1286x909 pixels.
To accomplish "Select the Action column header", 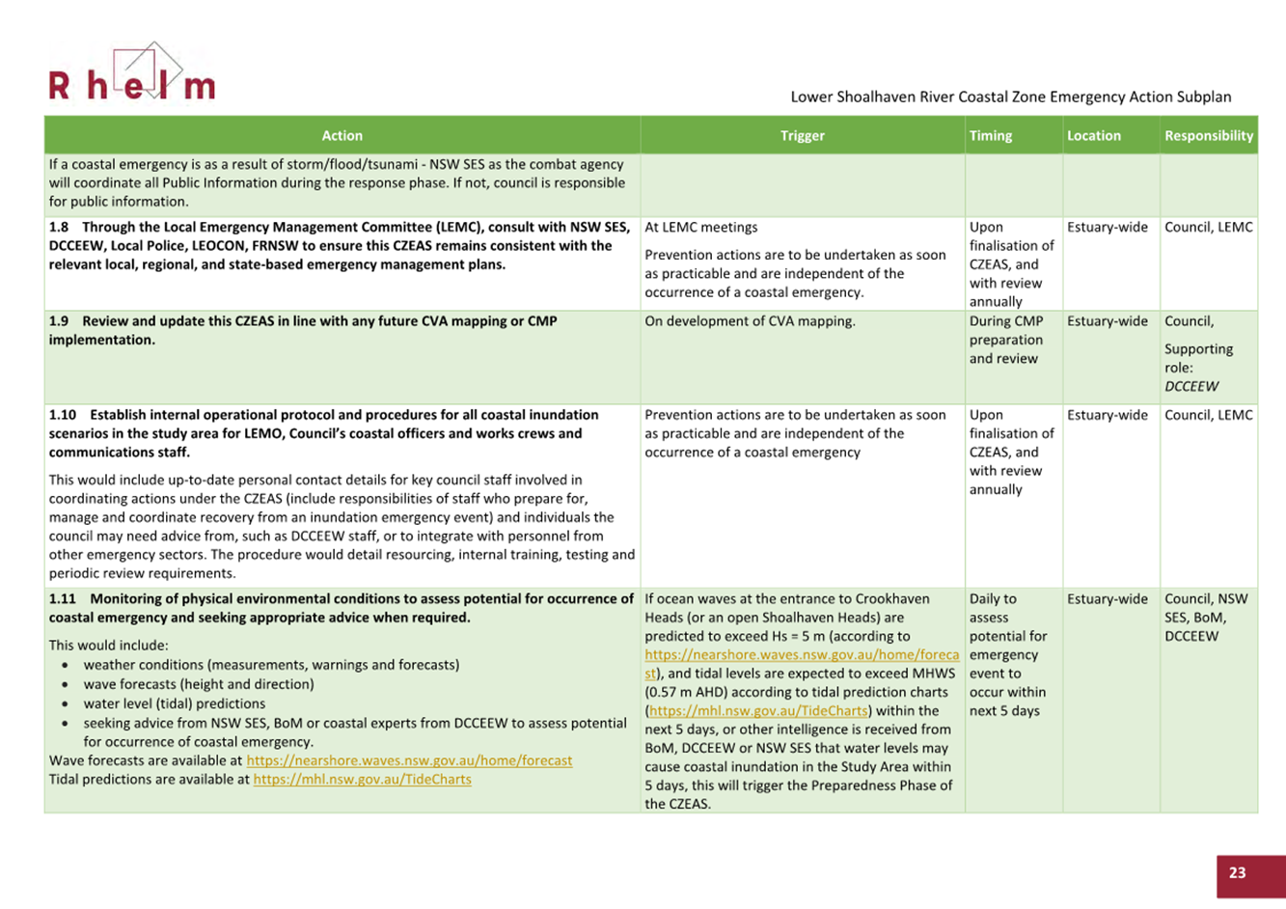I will pyautogui.click(x=342, y=136).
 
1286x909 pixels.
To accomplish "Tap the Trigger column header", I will pyautogui.click(x=802, y=136).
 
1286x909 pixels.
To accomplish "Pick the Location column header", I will pyautogui.click(x=1093, y=136).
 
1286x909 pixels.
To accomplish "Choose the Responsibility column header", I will pyautogui.click(x=1208, y=136).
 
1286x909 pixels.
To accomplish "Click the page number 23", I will pyautogui.click(x=1237, y=872).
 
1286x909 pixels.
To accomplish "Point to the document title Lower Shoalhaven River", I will pyautogui.click(x=1010, y=96).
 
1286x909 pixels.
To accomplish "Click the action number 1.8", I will pyautogui.click(x=60, y=228).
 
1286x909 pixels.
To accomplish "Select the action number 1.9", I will pyautogui.click(x=60, y=321).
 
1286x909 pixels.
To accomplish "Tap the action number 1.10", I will pyautogui.click(x=63, y=415).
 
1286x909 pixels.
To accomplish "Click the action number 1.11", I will pyautogui.click(x=63, y=599).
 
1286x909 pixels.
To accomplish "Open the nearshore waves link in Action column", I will pyautogui.click(x=409, y=760).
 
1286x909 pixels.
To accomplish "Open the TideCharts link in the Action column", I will pyautogui.click(x=362, y=780).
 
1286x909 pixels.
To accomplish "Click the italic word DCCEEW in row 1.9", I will pyautogui.click(x=1190, y=386).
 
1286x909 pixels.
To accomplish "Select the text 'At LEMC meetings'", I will pyautogui.click(x=700, y=228).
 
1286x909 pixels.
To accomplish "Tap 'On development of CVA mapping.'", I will pyautogui.click(x=750, y=321).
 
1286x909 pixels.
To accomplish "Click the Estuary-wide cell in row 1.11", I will pyautogui.click(x=1107, y=599).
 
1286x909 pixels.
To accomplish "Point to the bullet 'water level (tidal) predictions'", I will pyautogui.click(x=174, y=703).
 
